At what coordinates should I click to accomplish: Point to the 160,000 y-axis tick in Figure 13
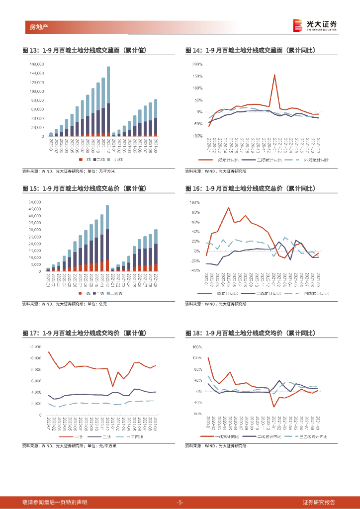pyautogui.click(x=37, y=64)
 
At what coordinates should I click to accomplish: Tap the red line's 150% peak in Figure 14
pyautogui.click(x=274, y=75)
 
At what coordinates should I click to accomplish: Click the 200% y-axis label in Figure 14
pyautogui.click(x=196, y=64)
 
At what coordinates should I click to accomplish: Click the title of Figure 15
pyautogui.click(x=85, y=188)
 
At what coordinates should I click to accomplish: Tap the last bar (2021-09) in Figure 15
pyautogui.click(x=156, y=251)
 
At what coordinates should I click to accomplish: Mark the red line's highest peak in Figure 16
pyautogui.click(x=228, y=208)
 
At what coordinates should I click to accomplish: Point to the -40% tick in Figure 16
pyautogui.click(x=195, y=270)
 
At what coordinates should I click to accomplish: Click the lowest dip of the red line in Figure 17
pyautogui.click(x=113, y=386)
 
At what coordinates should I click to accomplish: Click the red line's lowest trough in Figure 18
pyautogui.click(x=274, y=407)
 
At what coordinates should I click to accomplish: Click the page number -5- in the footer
pyautogui.click(x=180, y=502)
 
